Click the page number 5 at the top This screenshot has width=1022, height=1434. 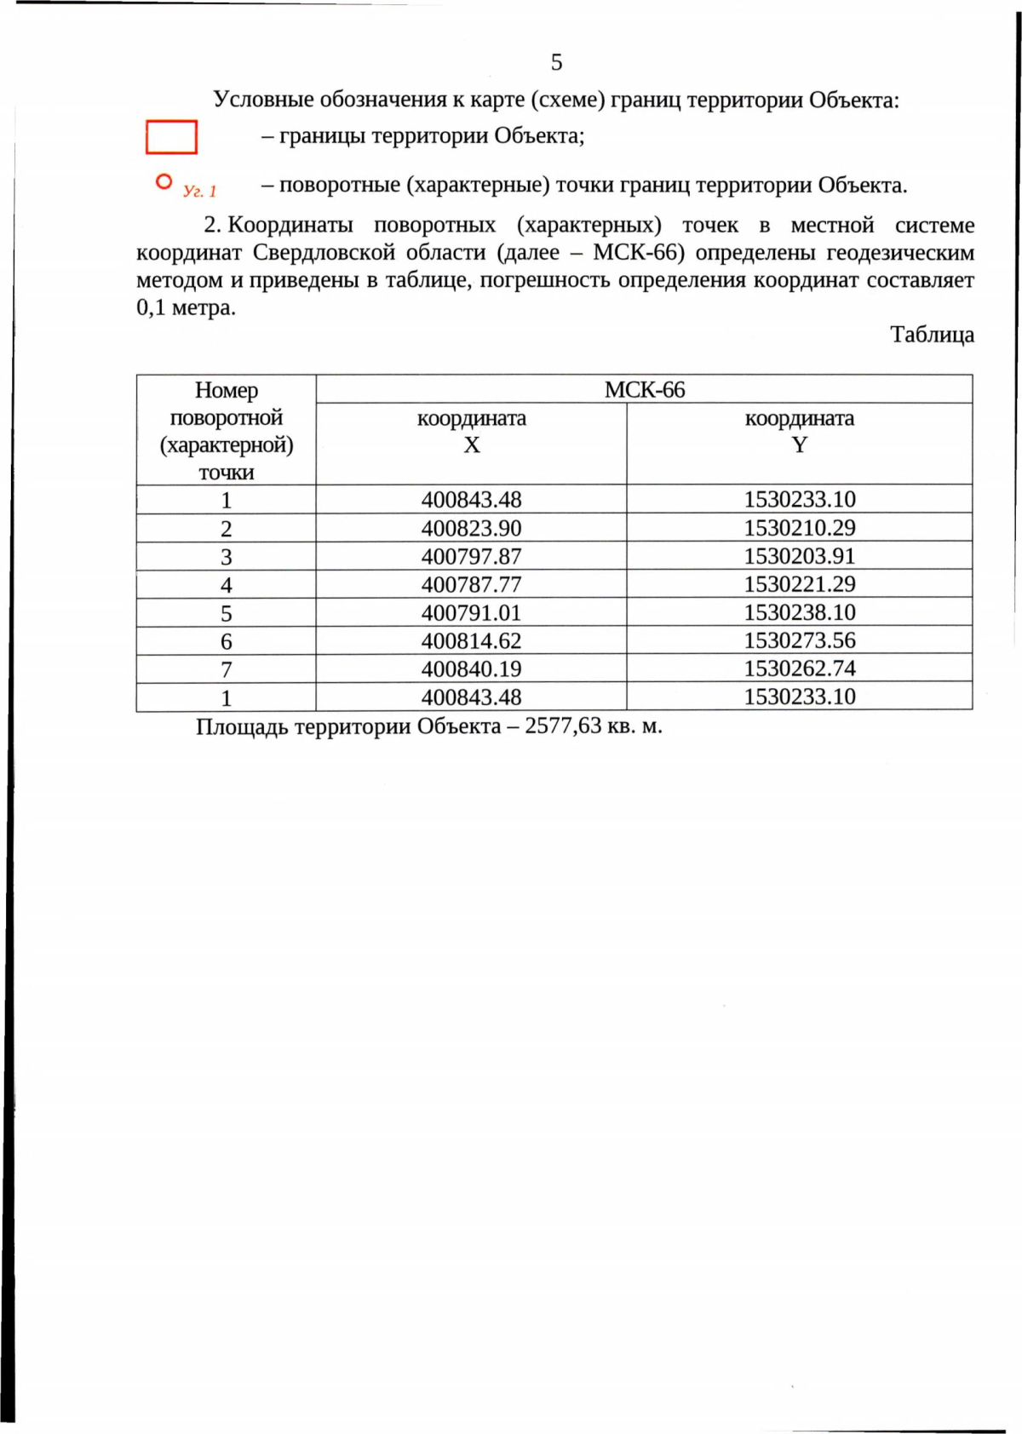[x=556, y=62]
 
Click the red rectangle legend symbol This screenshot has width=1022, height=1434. [x=171, y=137]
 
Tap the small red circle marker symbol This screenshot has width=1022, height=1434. [x=164, y=181]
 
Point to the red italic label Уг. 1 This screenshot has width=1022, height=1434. [x=200, y=191]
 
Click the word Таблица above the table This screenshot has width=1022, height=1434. [x=932, y=335]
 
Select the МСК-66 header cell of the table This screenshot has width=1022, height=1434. [x=644, y=390]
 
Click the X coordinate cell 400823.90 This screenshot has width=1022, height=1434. [x=471, y=528]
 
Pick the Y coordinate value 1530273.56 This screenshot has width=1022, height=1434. [x=799, y=640]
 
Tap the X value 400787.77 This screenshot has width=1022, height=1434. [x=471, y=584]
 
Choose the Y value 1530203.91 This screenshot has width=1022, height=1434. [x=799, y=556]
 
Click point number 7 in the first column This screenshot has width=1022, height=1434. [x=226, y=669]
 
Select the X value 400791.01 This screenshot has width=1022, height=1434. [x=471, y=612]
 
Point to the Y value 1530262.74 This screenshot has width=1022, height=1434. [x=799, y=668]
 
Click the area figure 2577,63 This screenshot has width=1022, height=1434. [x=562, y=726]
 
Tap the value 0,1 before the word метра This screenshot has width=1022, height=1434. [x=151, y=307]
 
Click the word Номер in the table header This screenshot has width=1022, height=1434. [x=226, y=390]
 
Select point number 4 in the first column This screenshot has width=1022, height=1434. [x=226, y=585]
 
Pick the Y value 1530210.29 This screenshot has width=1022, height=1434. [x=799, y=528]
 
